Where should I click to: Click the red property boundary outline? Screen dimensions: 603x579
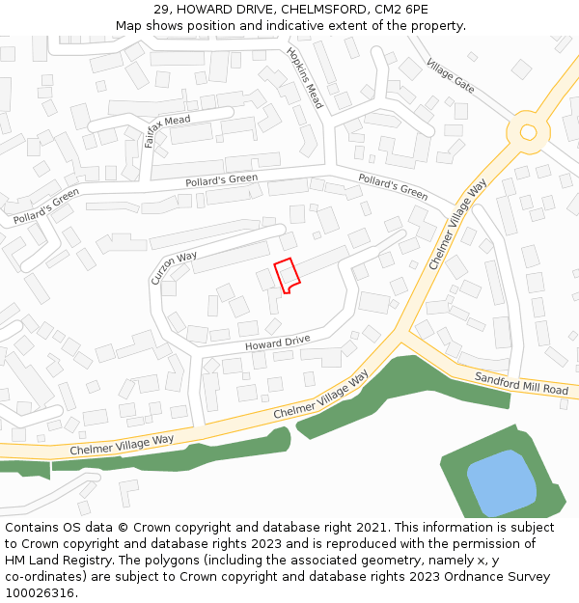click(287, 275)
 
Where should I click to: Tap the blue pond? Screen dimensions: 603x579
click(502, 482)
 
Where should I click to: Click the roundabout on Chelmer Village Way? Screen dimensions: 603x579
click(528, 131)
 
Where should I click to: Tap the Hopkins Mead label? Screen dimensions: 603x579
click(304, 77)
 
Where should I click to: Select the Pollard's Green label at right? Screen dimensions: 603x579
click(393, 186)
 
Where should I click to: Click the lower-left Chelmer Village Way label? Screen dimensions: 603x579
click(122, 445)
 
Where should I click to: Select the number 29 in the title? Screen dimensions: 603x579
click(161, 10)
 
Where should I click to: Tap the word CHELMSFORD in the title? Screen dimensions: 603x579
click(317, 10)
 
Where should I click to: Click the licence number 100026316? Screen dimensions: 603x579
click(41, 592)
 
